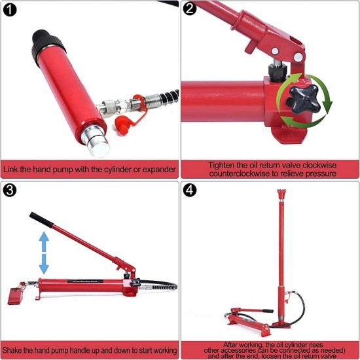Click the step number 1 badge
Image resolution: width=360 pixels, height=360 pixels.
[10, 10]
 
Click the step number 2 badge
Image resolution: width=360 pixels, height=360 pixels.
[190, 9]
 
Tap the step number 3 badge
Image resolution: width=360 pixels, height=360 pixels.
[10, 190]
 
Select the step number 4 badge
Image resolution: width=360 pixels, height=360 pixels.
[190, 190]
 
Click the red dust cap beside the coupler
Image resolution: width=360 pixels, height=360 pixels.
[122, 125]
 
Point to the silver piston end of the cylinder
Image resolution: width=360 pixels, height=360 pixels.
[96, 141]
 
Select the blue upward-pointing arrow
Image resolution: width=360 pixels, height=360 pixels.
[44, 242]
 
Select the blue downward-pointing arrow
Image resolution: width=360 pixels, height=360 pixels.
[44, 264]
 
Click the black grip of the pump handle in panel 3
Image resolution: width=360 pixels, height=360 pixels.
[41, 220]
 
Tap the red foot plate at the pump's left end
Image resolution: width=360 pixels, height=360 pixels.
[16, 296]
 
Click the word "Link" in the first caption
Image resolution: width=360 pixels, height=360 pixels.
[10, 170]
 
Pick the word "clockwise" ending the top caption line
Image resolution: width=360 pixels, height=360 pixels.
[319, 166]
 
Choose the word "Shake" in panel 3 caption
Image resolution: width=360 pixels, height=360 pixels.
[12, 350]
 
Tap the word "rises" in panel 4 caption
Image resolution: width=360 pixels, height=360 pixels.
[315, 344]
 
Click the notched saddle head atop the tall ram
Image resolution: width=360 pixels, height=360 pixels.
[281, 194]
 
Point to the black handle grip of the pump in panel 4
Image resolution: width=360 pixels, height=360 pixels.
[268, 311]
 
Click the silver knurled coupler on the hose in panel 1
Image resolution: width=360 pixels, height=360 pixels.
[112, 106]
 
